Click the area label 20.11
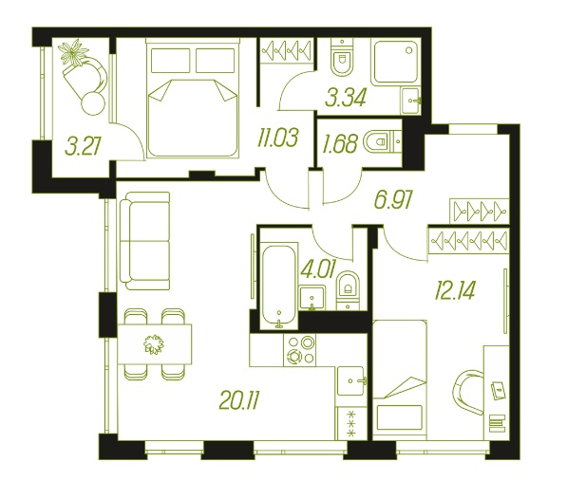coord(239,400)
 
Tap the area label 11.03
coord(277,138)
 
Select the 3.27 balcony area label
coord(83,147)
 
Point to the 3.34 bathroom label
coord(346,98)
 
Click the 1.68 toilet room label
coord(339,143)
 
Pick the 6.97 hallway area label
coord(393,200)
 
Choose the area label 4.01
coord(318,269)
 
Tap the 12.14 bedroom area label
coord(455,290)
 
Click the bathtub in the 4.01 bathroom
coord(278,286)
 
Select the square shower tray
coord(396,62)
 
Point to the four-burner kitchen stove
coord(300,350)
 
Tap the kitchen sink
coord(351,381)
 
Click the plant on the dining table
coord(154,343)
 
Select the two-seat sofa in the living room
coord(145,241)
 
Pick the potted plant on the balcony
coord(73,53)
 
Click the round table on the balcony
coord(93,103)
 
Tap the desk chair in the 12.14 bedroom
coord(467,392)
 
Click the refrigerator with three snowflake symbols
coord(350,423)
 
